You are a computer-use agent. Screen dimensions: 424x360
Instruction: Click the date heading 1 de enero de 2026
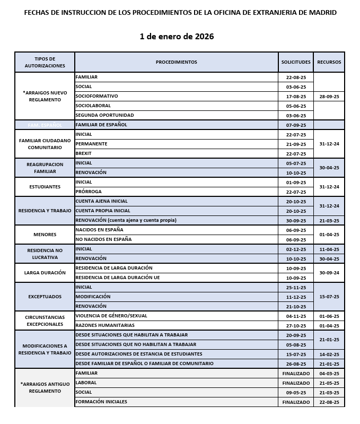coord(177,37)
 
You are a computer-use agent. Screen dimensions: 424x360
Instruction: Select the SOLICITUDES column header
coord(296,62)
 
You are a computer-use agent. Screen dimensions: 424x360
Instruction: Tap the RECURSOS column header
coord(329,62)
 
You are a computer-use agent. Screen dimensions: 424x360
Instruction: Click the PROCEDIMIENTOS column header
coord(176,62)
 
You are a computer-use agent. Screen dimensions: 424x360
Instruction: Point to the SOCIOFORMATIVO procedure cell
coord(96,96)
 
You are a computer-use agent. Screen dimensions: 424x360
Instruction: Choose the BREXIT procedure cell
coord(84,153)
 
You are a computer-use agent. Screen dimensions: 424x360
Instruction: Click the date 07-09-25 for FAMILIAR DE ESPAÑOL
coord(296,125)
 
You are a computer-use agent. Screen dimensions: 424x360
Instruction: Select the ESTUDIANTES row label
coord(45,187)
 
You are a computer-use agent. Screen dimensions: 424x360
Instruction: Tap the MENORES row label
coord(45,235)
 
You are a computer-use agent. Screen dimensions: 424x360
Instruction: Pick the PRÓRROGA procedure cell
coord(89,192)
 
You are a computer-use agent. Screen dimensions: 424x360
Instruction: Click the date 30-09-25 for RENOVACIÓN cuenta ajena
coord(296,220)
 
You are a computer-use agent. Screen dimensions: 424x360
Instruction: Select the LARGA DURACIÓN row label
coord(45,273)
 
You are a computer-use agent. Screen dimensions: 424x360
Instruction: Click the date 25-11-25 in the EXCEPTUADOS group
coord(296,287)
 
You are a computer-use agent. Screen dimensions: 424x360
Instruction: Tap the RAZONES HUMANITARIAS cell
coord(105,325)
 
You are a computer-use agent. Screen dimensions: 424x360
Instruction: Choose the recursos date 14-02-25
coord(329,354)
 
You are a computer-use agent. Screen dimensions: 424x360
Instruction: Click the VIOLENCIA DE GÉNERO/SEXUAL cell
coord(111,316)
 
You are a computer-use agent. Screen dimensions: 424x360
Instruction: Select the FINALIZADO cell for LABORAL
coord(296,383)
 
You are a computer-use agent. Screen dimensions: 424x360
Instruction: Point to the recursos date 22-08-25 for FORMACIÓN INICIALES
coord(329,402)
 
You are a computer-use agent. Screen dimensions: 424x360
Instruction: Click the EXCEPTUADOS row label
coord(45,297)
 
